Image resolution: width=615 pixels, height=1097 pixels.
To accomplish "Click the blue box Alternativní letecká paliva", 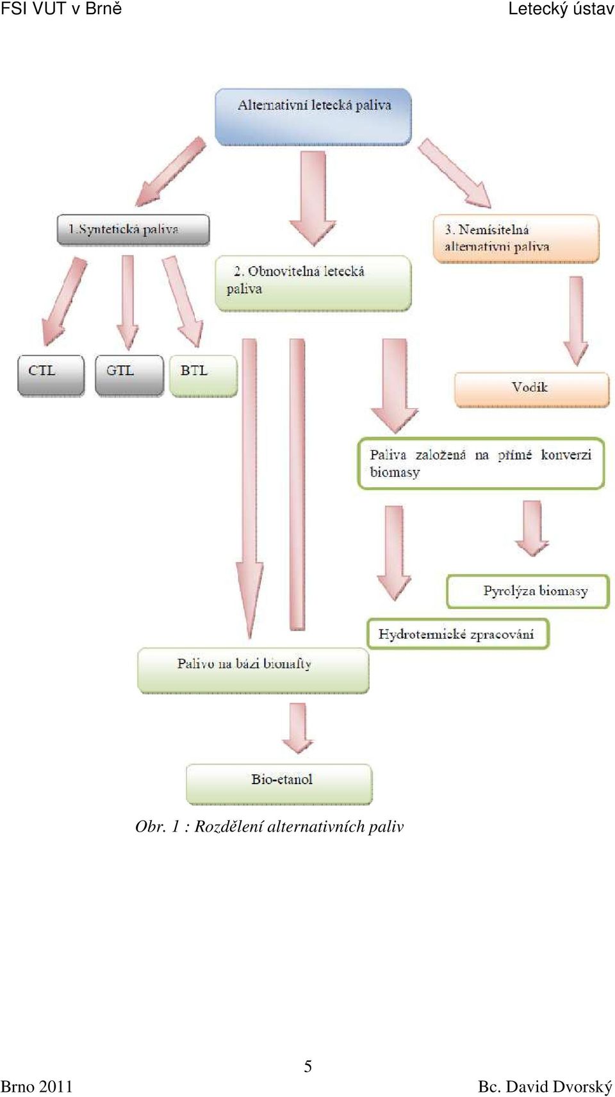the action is tap(313, 117).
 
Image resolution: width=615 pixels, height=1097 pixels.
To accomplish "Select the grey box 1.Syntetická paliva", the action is tap(133, 229).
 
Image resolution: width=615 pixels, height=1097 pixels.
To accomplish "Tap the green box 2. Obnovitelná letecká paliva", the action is tap(313, 283).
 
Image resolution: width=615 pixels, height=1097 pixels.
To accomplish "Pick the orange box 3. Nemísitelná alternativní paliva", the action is tap(516, 239).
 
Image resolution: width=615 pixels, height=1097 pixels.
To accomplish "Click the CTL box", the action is tap(51, 375).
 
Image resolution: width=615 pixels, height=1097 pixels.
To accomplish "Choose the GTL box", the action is tap(129, 375).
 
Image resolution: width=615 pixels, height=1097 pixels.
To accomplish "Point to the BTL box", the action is tap(204, 375).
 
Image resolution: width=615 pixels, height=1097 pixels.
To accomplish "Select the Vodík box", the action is tap(532, 390).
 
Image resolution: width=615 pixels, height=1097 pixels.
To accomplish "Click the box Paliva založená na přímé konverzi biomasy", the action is tap(482, 464).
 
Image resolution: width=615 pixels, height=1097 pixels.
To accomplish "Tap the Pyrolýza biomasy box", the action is tap(529, 592).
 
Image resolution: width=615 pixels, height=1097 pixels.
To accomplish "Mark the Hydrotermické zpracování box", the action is tap(458, 634).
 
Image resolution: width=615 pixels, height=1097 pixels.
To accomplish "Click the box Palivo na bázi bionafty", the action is tap(254, 671).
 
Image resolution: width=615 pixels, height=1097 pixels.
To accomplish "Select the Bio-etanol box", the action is tap(279, 783).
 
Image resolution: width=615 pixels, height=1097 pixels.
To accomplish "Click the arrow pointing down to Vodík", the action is tap(576, 321).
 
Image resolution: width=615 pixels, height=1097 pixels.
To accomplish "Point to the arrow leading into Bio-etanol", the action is tap(297, 728).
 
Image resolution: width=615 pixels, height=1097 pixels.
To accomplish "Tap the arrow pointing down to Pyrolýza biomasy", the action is tap(532, 528).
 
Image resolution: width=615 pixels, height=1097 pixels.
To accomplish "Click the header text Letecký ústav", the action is tap(561, 9).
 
